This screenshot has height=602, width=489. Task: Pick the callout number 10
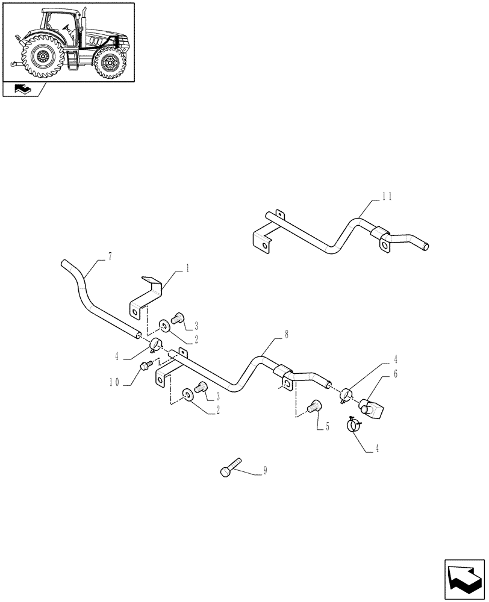click(x=117, y=382)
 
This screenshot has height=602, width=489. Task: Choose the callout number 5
click(x=327, y=426)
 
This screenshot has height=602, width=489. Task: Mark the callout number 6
click(x=395, y=374)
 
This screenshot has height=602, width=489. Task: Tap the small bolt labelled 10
click(x=145, y=365)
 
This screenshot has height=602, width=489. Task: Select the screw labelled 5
click(x=313, y=408)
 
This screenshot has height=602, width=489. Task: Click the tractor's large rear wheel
click(x=42, y=57)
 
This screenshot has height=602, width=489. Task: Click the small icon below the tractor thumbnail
click(x=22, y=90)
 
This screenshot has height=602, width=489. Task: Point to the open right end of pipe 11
click(x=425, y=246)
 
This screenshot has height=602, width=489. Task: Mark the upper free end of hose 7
click(x=64, y=263)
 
